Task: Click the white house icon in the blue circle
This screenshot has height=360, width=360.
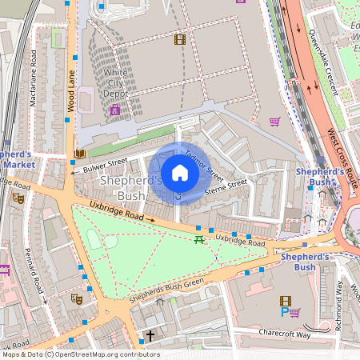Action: pos(180,172)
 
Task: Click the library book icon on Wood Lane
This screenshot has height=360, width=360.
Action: pos(79,154)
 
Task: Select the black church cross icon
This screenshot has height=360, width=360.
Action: pos(150,337)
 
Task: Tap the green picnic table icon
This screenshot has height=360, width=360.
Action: pos(198,239)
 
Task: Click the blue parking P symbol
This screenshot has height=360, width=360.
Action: pos(283,313)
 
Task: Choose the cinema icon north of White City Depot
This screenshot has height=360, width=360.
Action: pos(179,38)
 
